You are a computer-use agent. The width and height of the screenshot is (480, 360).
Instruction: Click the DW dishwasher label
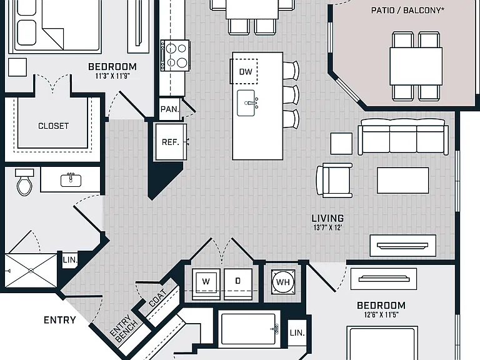point(246,72)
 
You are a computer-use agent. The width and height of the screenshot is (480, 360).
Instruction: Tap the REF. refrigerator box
point(171,142)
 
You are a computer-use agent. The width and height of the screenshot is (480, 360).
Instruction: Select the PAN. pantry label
point(169,109)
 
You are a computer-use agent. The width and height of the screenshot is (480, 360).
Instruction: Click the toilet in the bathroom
point(24,182)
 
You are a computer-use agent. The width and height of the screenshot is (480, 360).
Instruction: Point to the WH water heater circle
point(283,282)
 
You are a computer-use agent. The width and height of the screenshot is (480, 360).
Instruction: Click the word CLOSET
point(53,126)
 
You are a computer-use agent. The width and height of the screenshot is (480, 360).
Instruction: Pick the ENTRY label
point(60,320)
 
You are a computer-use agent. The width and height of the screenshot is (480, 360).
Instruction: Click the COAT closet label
point(157,298)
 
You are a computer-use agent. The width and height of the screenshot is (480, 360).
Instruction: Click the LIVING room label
point(327,218)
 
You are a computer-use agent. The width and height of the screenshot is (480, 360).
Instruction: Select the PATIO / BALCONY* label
point(407,10)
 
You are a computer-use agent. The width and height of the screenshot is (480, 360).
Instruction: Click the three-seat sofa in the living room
point(403,136)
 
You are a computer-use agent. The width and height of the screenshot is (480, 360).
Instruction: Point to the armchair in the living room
point(334,180)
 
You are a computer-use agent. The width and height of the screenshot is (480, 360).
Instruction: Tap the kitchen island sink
point(247,103)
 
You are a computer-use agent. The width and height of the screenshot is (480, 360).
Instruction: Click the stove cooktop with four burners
point(175,56)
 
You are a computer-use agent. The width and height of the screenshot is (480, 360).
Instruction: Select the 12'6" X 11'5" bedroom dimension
point(381,314)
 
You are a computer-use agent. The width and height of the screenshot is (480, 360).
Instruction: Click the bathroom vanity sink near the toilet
point(71,180)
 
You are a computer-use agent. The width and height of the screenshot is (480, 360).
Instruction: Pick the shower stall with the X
point(31,271)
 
